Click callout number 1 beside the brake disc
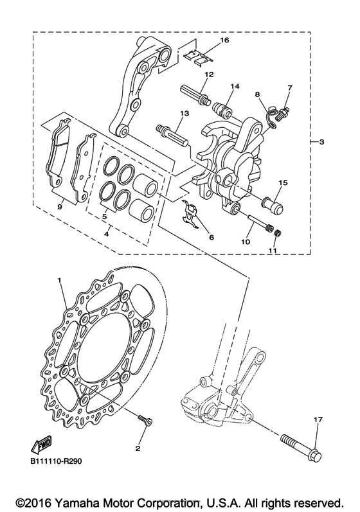(x=59, y=281)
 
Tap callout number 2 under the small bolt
(x=137, y=448)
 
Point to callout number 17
(x=317, y=420)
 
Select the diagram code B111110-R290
(x=56, y=461)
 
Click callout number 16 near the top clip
(x=224, y=40)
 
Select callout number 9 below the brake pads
(x=59, y=207)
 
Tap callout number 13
(x=184, y=113)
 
